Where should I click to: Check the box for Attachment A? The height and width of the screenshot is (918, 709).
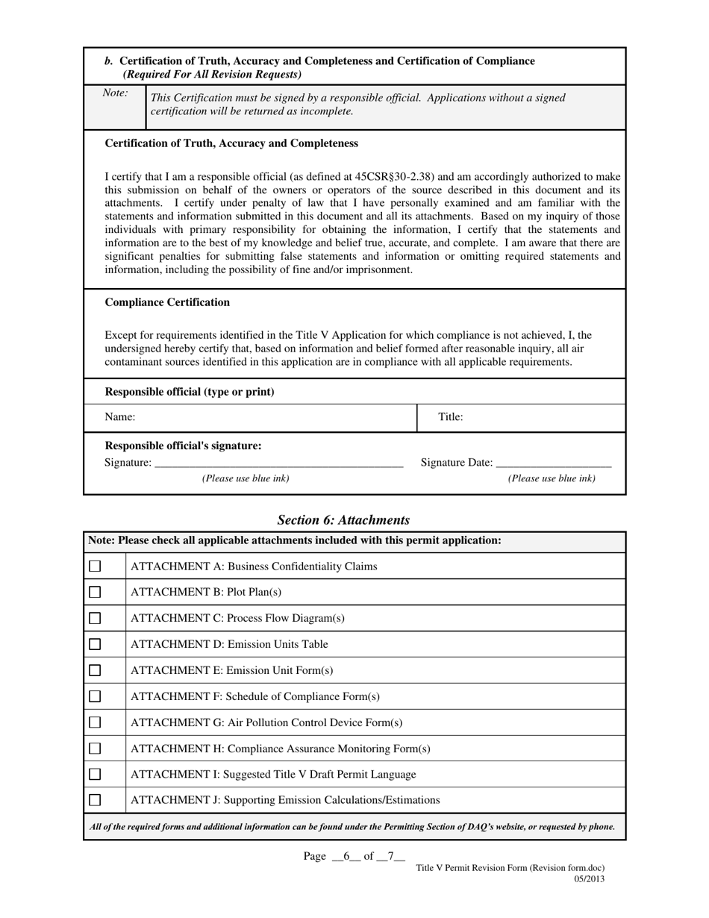(x=95, y=566)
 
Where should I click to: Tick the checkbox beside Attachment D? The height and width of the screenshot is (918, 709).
(x=95, y=644)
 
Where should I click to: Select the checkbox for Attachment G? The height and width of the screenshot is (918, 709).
(x=95, y=722)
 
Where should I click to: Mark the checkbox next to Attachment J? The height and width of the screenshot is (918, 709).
(x=95, y=800)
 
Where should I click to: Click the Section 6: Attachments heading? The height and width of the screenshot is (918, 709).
(x=343, y=519)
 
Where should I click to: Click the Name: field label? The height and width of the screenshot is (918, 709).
(x=120, y=417)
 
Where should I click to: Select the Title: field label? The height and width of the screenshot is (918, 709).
(x=450, y=417)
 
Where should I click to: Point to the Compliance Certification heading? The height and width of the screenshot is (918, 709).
(x=167, y=302)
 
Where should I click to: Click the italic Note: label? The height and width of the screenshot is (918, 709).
(x=115, y=93)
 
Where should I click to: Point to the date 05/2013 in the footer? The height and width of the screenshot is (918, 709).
(x=589, y=878)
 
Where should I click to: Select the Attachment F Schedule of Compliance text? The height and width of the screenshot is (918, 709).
(x=255, y=696)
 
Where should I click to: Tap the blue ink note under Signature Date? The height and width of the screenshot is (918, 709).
(x=552, y=478)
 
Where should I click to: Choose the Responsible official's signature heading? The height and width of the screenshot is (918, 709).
(x=184, y=446)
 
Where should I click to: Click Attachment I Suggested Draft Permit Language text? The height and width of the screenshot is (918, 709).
(x=273, y=774)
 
